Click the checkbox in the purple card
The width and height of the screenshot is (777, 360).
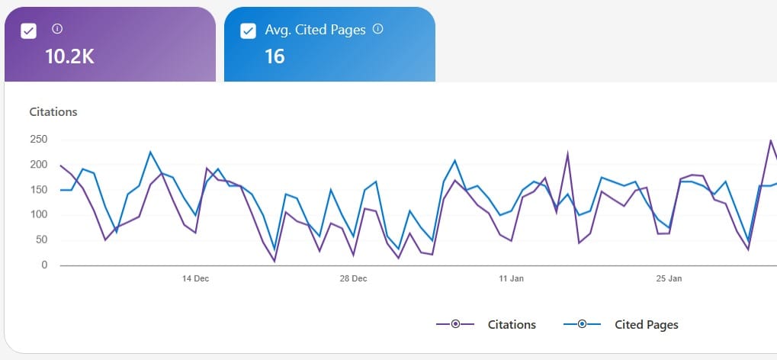[28, 31]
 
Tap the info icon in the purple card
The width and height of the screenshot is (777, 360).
[57, 29]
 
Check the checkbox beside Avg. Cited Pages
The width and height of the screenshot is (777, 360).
[248, 31]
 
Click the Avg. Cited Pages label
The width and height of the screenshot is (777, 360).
[315, 31]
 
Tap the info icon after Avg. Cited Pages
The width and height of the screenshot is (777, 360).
[377, 30]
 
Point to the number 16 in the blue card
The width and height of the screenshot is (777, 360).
[275, 56]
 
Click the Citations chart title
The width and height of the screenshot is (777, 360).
[53, 112]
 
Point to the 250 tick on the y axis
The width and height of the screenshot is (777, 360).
[39, 140]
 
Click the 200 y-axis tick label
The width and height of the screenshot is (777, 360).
[39, 165]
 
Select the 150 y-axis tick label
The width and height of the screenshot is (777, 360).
[39, 190]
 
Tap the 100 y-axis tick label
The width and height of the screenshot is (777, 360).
[39, 215]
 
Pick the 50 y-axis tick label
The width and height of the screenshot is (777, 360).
[41, 240]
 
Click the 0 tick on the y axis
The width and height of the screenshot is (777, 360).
[44, 265]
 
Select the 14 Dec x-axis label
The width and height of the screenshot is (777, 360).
[195, 279]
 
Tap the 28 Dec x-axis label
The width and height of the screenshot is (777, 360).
[353, 279]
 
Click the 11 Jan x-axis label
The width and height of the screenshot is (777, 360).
[511, 279]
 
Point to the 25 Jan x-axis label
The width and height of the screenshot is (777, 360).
[669, 279]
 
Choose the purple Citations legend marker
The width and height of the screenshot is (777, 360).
[455, 325]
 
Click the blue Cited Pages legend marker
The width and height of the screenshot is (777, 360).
[582, 325]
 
